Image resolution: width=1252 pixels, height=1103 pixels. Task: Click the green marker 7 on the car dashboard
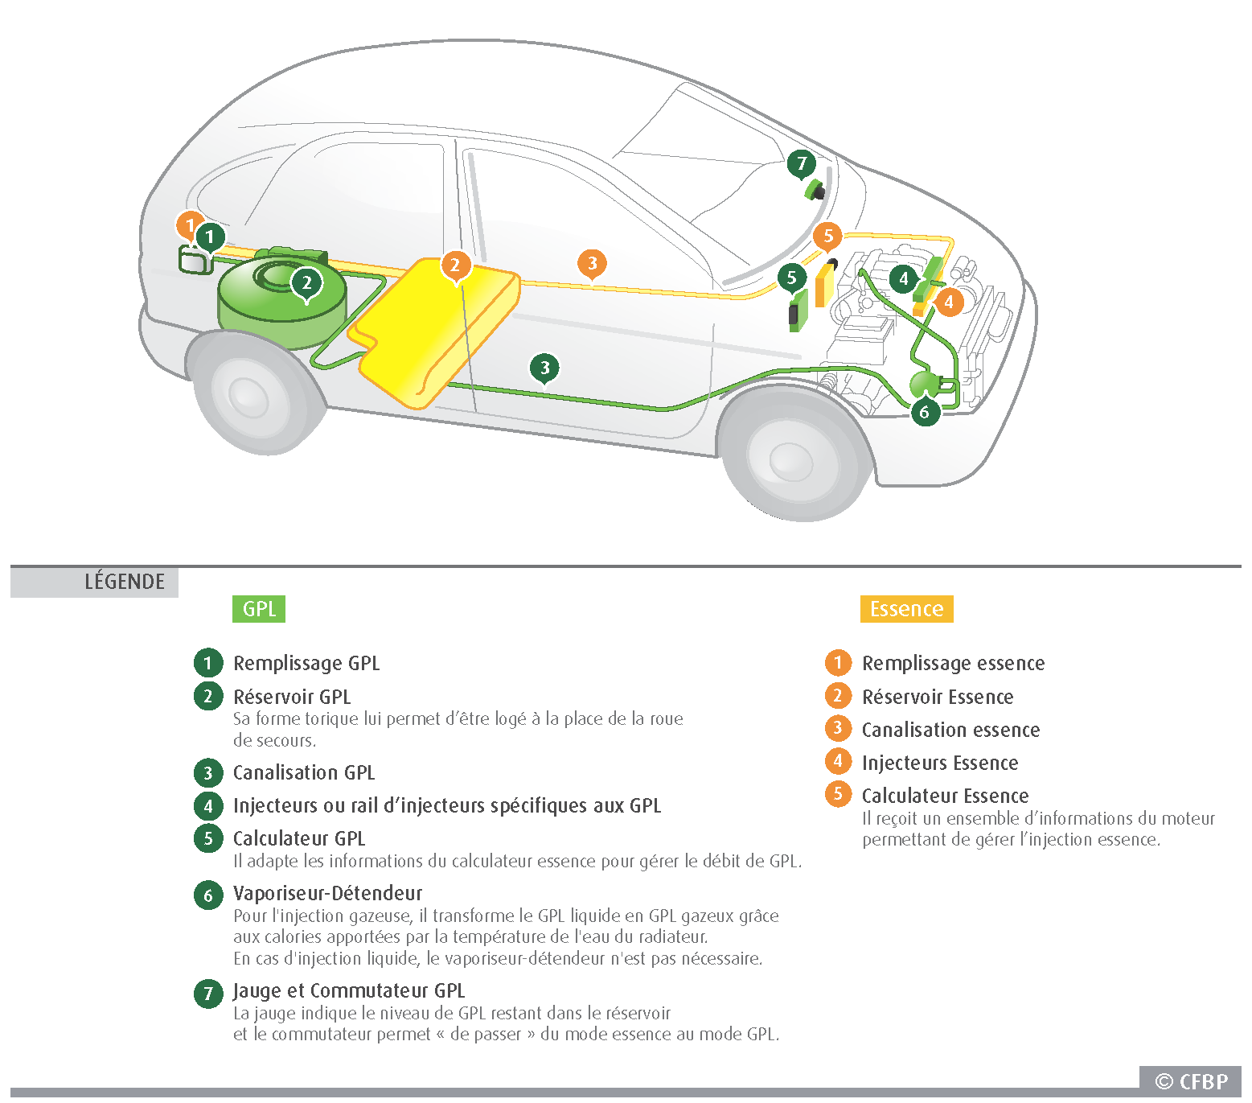click(802, 164)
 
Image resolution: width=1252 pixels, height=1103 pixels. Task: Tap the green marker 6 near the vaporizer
click(925, 412)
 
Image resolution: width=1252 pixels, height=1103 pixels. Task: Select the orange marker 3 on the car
click(592, 263)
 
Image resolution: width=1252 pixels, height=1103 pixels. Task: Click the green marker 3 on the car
click(544, 368)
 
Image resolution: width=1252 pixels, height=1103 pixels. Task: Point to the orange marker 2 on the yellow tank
click(455, 265)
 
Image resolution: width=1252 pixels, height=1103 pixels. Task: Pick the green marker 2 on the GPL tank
click(306, 282)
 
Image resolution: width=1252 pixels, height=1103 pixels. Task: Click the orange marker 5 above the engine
click(827, 237)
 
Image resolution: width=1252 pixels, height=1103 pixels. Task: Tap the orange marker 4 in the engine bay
click(949, 303)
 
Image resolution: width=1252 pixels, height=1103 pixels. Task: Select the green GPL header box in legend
click(259, 609)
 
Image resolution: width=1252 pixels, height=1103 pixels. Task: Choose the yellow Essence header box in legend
click(906, 609)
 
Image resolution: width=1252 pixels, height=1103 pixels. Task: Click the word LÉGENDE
click(125, 582)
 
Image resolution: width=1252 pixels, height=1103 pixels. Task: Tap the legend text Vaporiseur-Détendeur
click(327, 893)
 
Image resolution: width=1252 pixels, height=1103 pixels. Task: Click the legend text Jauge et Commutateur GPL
click(349, 990)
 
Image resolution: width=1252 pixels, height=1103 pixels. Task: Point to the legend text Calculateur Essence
click(945, 796)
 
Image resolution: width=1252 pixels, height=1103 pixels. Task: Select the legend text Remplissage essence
click(953, 663)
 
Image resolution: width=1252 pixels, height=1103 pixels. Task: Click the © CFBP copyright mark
click(1191, 1082)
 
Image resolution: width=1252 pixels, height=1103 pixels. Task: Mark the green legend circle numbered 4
click(208, 805)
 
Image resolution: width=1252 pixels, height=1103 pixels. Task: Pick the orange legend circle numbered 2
click(838, 696)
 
